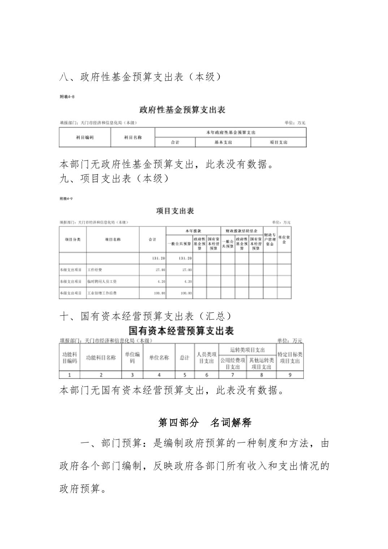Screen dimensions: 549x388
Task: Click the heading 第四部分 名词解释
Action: point(204,422)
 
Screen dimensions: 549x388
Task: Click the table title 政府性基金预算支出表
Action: point(182,109)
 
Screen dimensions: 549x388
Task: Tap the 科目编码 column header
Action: point(85,138)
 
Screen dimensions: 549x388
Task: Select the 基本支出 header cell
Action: point(223,142)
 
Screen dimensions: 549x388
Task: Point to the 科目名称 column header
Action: point(133,138)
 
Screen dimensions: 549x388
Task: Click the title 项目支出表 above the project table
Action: point(175,211)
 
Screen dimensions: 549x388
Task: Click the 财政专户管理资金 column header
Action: point(270,239)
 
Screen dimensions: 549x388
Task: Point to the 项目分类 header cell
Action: point(73,239)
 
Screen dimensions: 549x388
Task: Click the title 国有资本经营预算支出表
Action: point(181,331)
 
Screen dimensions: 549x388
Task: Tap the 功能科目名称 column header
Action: point(101,358)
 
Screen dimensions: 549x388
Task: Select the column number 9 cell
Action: point(290,375)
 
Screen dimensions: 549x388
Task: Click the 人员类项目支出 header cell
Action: point(207,358)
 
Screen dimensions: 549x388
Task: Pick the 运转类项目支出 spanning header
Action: point(247,350)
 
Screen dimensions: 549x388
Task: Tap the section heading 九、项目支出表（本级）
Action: point(114,178)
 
